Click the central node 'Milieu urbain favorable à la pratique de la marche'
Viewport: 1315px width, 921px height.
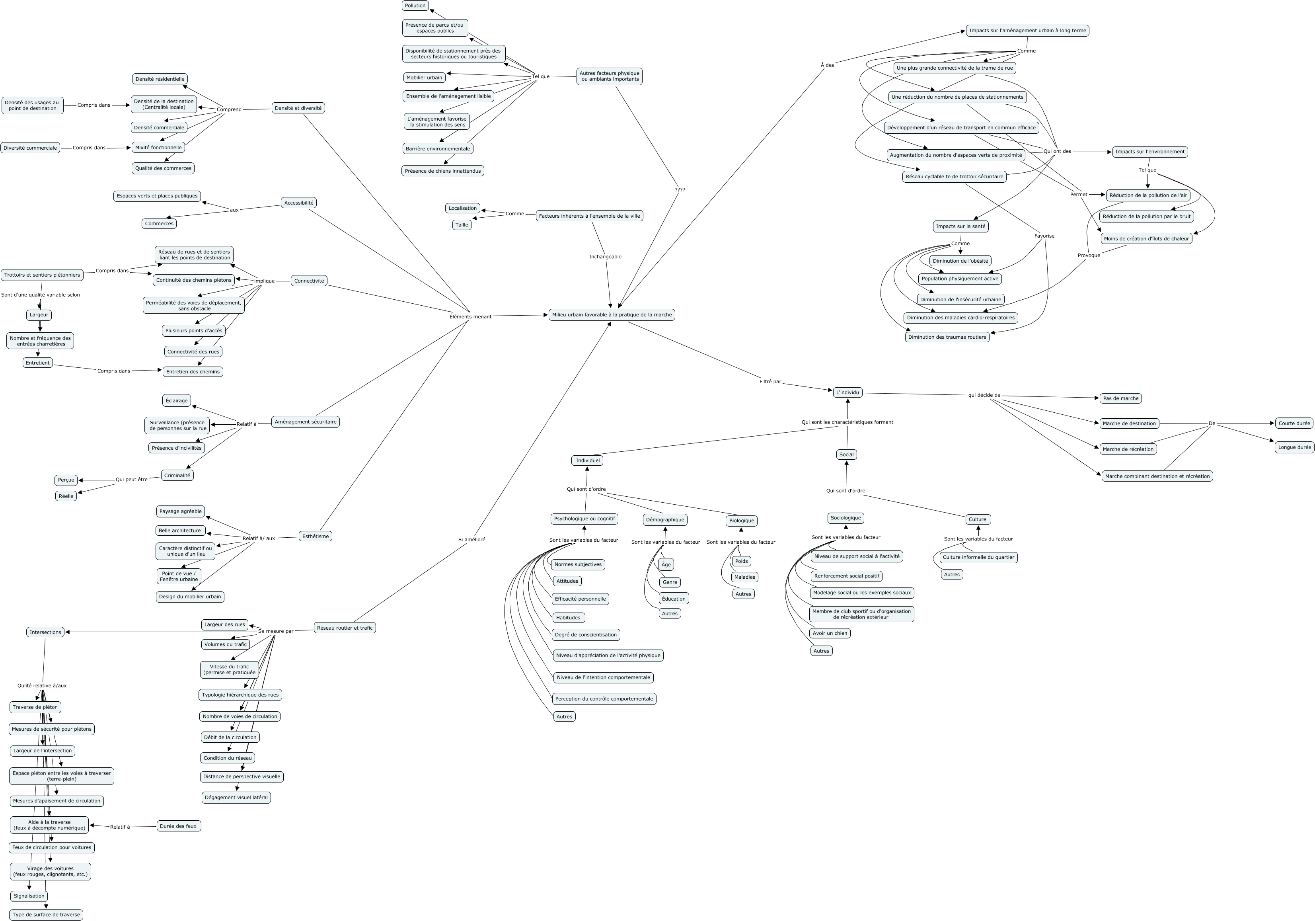click(611, 314)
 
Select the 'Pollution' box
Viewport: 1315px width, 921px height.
click(415, 6)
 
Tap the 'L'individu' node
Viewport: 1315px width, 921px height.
click(847, 392)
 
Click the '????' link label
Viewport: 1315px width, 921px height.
click(680, 189)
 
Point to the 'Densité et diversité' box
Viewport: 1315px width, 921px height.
click(298, 108)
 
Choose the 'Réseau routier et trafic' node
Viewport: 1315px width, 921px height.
click(345, 628)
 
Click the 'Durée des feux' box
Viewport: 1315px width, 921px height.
click(178, 826)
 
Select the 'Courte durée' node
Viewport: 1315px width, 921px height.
click(1294, 423)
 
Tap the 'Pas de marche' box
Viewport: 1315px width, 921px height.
click(1121, 398)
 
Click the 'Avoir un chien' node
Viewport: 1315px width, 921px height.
click(830, 633)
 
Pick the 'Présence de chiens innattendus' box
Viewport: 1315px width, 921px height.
click(443, 171)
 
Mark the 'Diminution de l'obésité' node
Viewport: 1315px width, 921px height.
click(960, 261)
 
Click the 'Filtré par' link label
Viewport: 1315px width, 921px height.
click(770, 381)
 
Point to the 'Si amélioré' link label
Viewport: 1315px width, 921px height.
click(471, 540)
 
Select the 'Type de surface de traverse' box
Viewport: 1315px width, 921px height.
click(47, 915)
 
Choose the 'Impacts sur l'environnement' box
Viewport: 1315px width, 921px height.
click(1150, 152)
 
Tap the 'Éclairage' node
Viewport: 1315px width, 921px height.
click(176, 400)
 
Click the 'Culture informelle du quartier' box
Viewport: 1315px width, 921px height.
click(978, 557)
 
